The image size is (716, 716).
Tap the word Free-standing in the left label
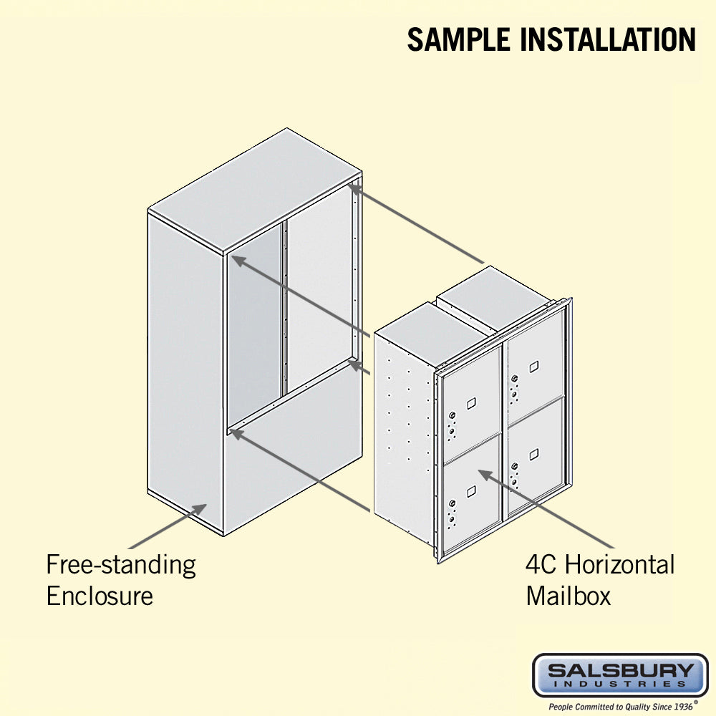[121, 565]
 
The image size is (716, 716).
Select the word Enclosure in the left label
[100, 596]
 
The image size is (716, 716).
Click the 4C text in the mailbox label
[542, 565]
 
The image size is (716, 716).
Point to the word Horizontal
[619, 565]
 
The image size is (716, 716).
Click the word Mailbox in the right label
[569, 596]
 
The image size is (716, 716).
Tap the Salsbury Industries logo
[620, 674]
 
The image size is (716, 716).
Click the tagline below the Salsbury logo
[620, 707]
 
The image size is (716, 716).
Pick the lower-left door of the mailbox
[471, 501]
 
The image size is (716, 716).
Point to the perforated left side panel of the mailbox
[405, 422]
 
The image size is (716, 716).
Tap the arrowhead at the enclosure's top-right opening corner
[354, 189]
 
